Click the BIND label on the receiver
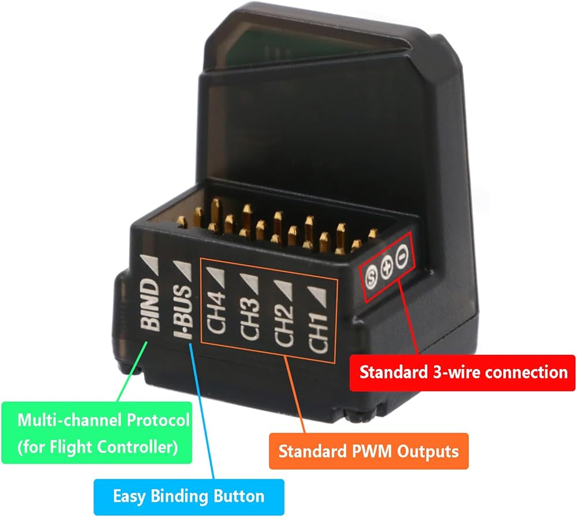click(x=150, y=305)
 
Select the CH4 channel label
click(x=216, y=312)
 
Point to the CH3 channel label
click(x=249, y=318)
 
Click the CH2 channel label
click(x=284, y=325)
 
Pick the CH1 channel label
click(x=317, y=331)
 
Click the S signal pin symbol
click(x=371, y=276)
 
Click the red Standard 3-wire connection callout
click(x=462, y=373)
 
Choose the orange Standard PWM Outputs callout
click(x=369, y=451)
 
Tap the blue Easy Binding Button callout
click(x=189, y=497)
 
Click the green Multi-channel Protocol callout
click(x=97, y=432)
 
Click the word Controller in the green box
click(x=138, y=447)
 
